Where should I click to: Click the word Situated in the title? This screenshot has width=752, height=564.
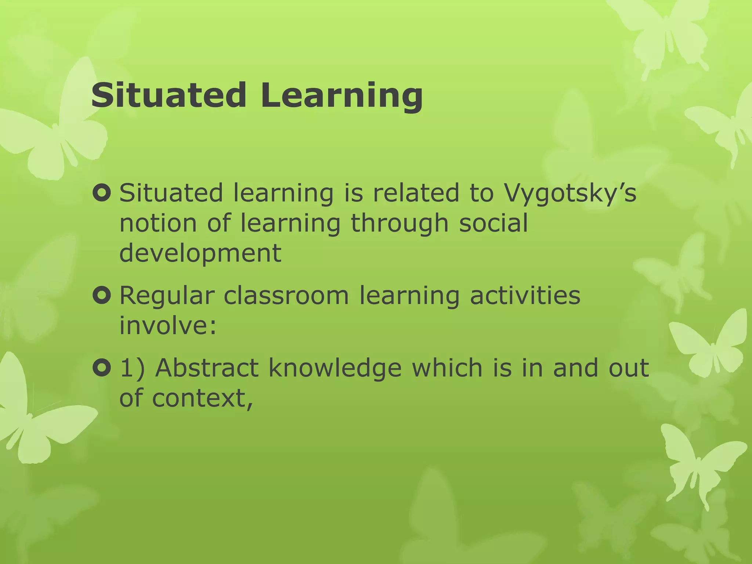tap(169, 95)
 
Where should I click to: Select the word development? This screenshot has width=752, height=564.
tap(200, 254)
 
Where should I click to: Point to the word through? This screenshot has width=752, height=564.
tap(399, 224)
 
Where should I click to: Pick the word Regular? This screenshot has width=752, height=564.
tap(167, 296)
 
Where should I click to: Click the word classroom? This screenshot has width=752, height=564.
tap(286, 296)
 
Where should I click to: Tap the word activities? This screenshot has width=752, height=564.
tap(525, 296)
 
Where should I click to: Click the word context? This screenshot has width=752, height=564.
tap(203, 398)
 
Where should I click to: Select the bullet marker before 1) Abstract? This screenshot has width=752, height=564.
tap(102, 368)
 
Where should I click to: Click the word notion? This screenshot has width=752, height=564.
tap(158, 223)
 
